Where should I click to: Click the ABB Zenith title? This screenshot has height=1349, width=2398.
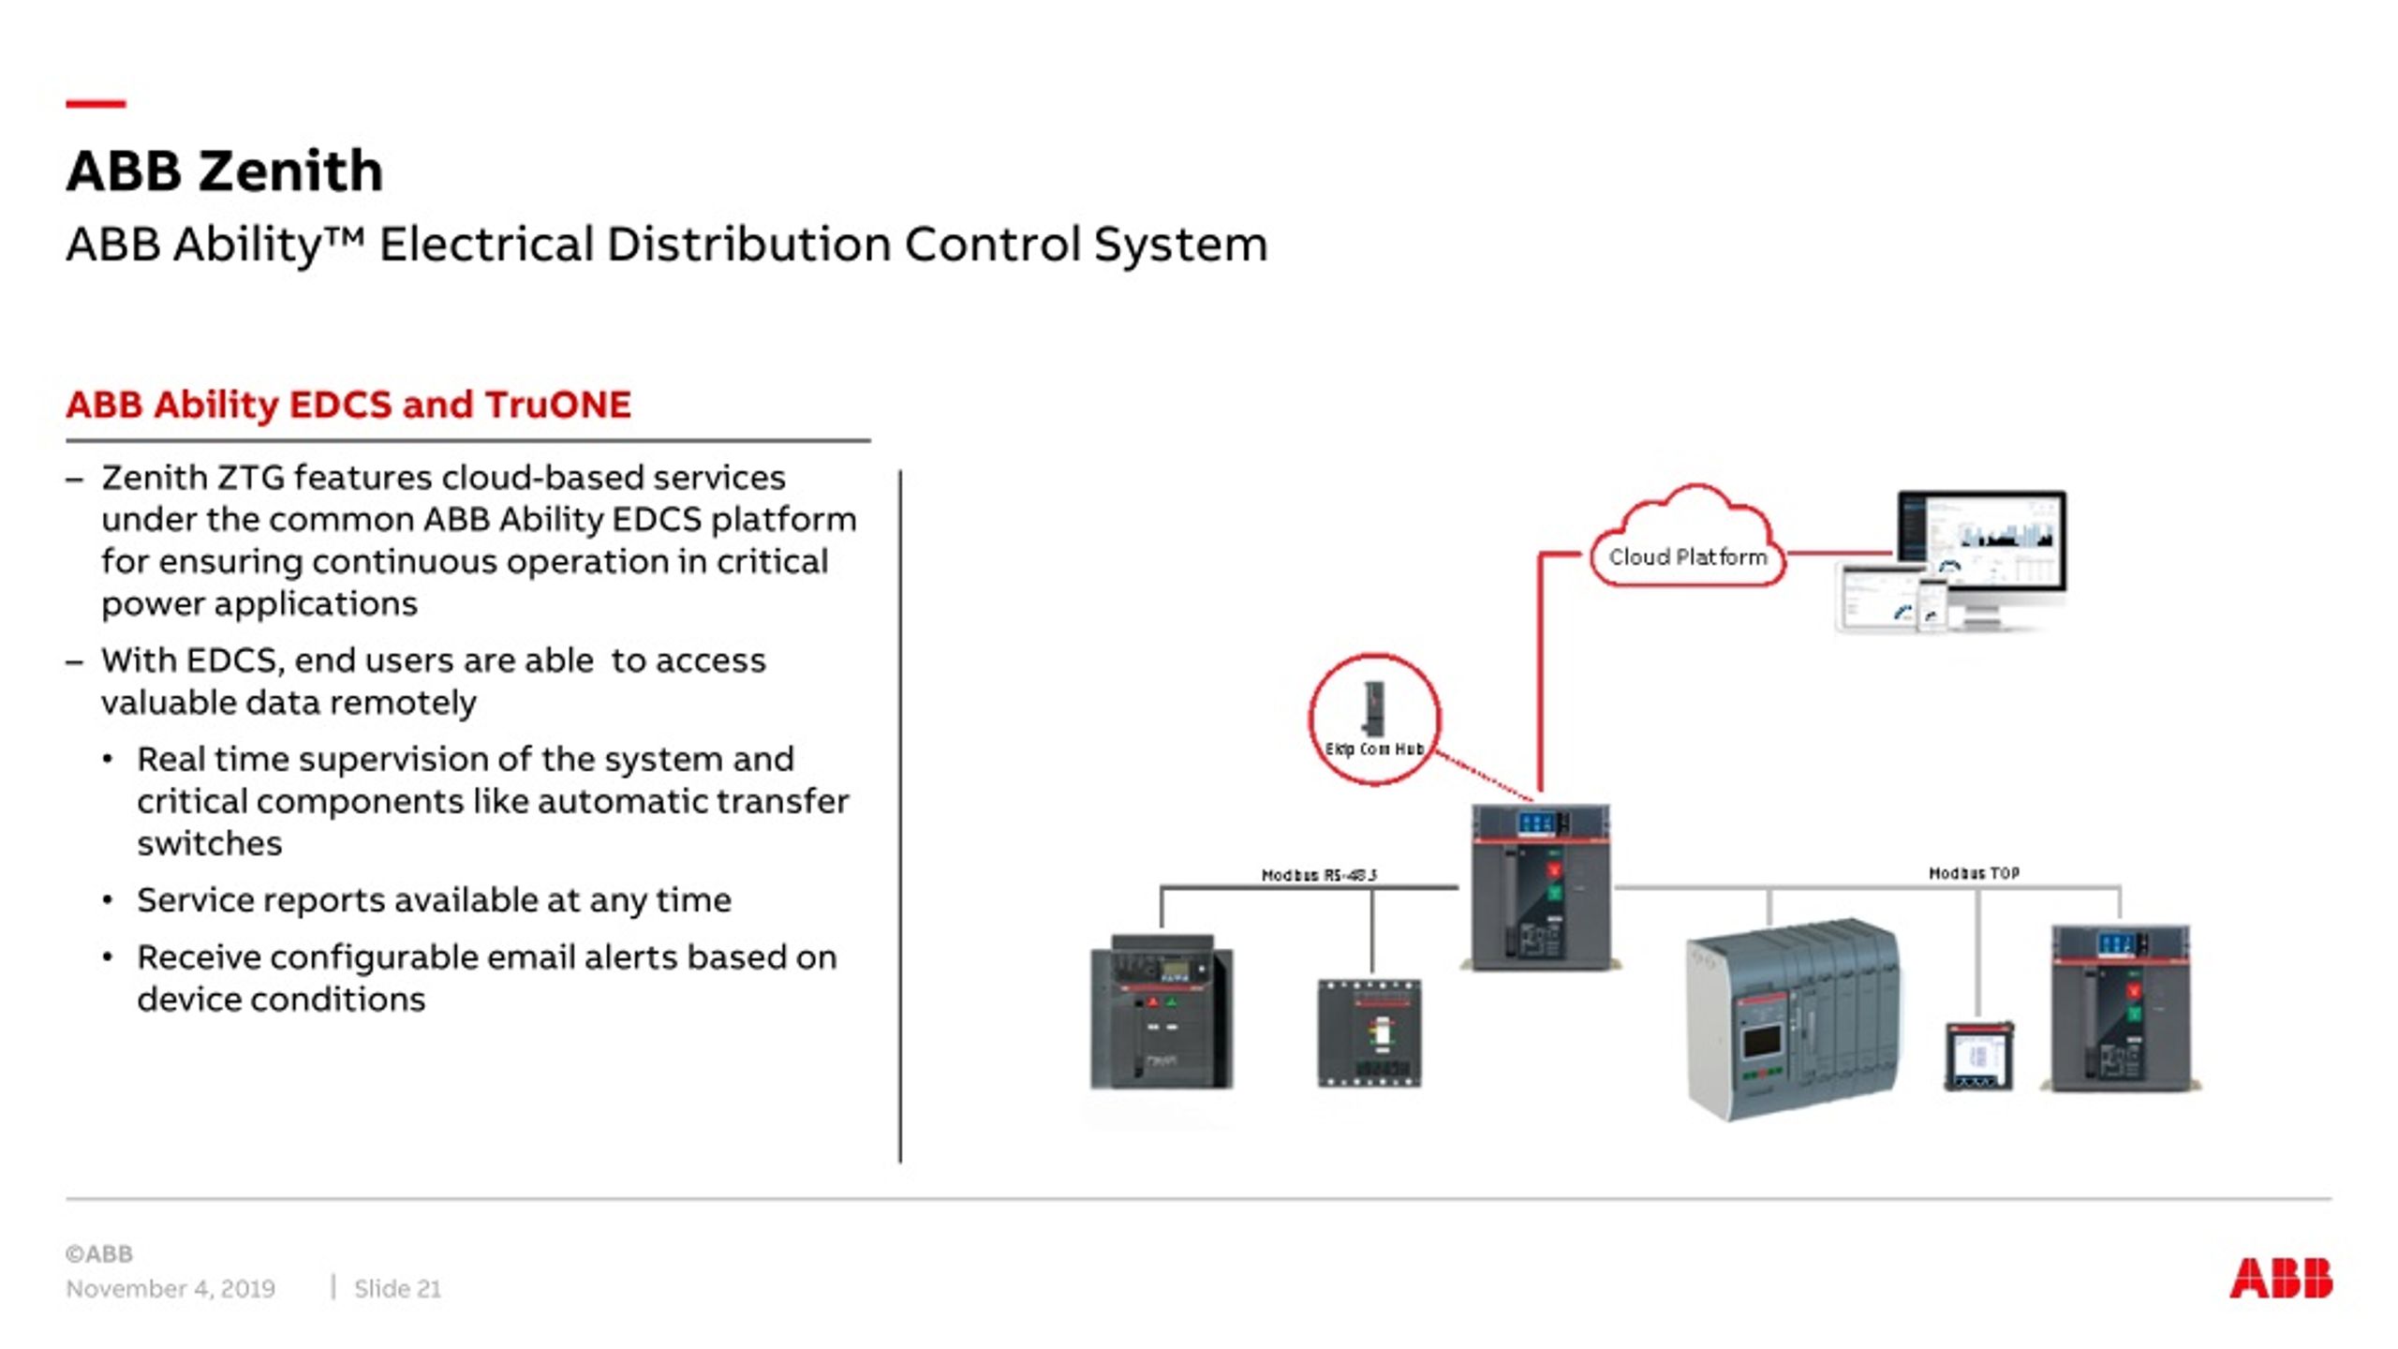pos(225,171)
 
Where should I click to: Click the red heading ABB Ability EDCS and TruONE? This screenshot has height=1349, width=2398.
pos(348,405)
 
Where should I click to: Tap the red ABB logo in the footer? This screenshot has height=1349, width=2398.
pos(2280,1279)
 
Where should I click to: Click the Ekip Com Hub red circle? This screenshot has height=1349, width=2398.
pos(1374,719)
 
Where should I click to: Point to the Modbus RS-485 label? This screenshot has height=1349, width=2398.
pos(1319,875)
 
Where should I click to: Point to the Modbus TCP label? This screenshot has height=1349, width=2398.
pos(1974,873)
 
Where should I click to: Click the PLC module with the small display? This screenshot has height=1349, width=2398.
pos(1792,1021)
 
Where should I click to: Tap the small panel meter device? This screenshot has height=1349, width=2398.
pos(1978,1057)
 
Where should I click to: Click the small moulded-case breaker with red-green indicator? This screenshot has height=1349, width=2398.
pos(1369,1033)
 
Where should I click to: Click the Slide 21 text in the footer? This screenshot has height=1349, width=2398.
pos(397,1289)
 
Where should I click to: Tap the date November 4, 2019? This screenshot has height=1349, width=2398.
pos(170,1289)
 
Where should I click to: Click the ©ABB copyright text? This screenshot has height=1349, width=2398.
pos(99,1253)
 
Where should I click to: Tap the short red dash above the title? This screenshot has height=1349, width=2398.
pos(96,104)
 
